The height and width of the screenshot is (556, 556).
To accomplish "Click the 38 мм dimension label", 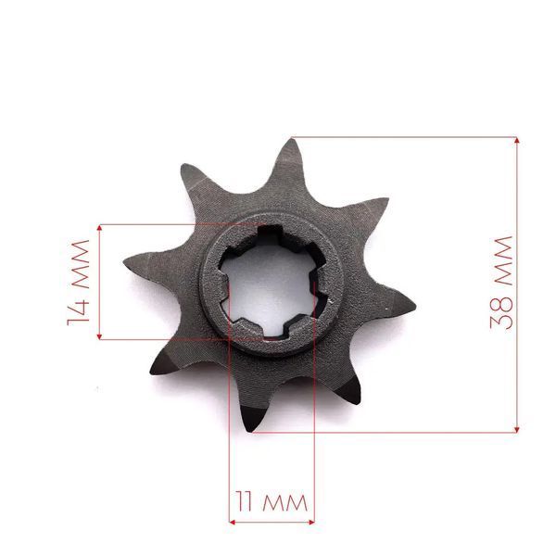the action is point(501,283).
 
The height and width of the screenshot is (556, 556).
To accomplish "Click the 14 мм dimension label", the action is point(78,283).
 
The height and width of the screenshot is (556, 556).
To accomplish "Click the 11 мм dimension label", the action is point(272,501).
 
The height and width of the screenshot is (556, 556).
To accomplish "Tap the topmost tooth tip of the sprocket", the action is point(292,139).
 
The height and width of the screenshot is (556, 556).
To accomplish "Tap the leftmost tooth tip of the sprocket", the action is point(125,262).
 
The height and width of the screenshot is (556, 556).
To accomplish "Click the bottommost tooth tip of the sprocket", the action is point(250,430).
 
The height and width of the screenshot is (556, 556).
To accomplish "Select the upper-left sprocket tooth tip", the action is point(183,166).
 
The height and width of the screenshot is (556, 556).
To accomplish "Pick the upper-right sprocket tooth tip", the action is point(387,199).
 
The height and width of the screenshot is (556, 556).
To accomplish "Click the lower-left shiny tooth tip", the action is point(152,373).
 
